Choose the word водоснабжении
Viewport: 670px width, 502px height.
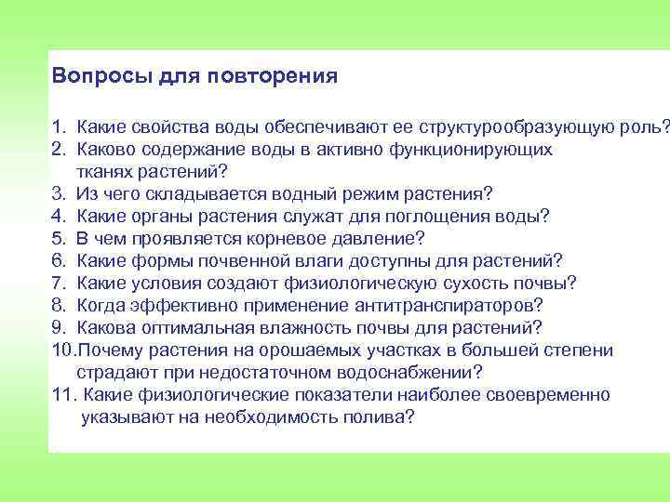coord(409,373)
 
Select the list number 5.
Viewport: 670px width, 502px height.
coord(58,238)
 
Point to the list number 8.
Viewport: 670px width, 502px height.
coord(58,305)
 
